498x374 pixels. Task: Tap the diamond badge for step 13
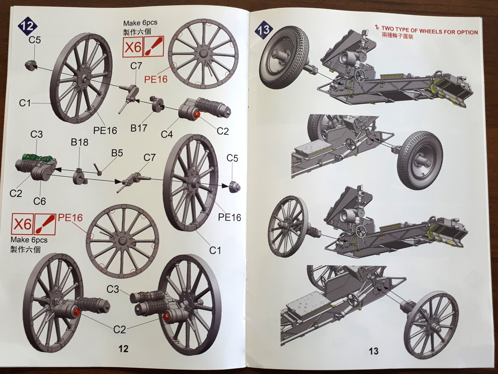[263, 30]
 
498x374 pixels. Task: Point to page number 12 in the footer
[123, 348]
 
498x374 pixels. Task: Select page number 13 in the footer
[373, 351]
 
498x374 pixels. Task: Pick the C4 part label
[167, 134]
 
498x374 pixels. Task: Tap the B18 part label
[79, 142]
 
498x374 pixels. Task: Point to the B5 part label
[117, 153]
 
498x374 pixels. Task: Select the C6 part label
[39, 201]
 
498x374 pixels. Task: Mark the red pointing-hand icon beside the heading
[376, 29]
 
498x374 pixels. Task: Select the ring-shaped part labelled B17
[157, 104]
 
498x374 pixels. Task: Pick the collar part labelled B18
[79, 176]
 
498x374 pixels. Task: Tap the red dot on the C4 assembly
[197, 114]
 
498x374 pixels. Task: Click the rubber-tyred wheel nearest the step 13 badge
[284, 57]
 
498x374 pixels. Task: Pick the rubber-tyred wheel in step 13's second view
[420, 160]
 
